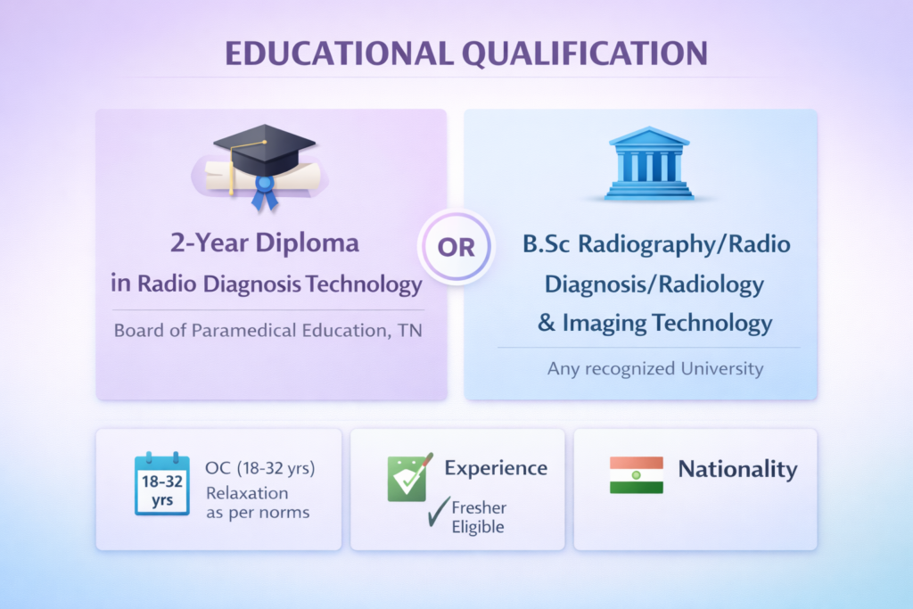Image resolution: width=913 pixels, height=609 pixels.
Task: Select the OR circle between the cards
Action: click(x=456, y=247)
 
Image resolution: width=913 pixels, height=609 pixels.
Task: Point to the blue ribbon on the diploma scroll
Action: click(x=264, y=190)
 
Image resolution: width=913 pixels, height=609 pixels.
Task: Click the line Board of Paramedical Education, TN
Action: click(x=268, y=331)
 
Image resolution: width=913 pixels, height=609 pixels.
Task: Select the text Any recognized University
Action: click(x=655, y=368)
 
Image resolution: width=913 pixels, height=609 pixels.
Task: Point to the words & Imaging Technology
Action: click(x=654, y=322)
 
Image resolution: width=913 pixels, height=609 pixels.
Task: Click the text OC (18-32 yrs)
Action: click(x=260, y=468)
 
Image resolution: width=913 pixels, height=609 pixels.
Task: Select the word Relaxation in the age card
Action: click(x=247, y=493)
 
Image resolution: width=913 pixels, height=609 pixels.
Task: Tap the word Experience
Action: click(x=496, y=468)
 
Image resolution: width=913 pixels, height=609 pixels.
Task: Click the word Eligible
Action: click(x=477, y=527)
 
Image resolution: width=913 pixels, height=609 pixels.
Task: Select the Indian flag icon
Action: click(x=636, y=475)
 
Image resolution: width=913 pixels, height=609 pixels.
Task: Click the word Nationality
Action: click(x=737, y=469)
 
